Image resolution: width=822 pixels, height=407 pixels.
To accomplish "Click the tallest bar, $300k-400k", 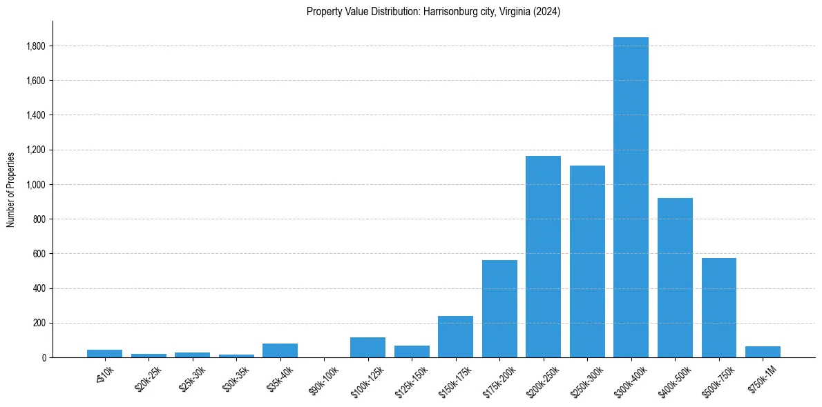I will [631, 197].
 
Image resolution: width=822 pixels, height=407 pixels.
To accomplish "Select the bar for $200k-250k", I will [543, 257].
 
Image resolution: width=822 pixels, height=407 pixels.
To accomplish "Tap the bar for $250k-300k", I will [587, 261].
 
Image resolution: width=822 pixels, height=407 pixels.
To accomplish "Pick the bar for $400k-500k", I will [675, 277].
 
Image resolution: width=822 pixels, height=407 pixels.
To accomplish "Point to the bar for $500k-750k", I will [718, 308].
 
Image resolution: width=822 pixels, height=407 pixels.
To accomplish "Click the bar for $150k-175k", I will [455, 337].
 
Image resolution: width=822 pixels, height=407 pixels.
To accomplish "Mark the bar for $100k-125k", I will [367, 347].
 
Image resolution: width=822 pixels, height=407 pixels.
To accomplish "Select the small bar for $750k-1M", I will [763, 352].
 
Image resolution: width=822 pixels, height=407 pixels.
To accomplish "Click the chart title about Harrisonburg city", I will [433, 12].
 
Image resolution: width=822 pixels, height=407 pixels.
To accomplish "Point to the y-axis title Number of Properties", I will [11, 189].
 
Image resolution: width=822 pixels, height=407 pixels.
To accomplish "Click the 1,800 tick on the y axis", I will [36, 46].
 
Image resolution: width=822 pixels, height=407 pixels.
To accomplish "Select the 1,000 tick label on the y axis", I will [36, 185].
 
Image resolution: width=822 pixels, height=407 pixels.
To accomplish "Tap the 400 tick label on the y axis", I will [40, 288].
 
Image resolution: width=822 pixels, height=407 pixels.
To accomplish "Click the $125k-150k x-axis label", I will [412, 379].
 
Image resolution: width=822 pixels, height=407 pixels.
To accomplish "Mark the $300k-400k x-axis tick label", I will [631, 379].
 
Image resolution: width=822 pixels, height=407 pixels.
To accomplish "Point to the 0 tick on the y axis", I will [44, 357].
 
